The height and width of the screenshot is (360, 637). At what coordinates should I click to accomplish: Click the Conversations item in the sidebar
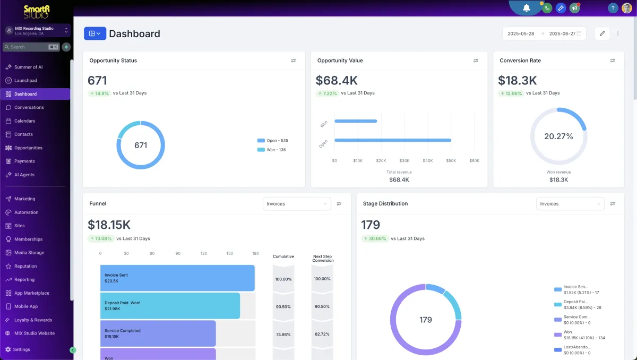point(29,107)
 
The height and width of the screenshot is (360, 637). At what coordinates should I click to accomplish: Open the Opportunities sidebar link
point(28,148)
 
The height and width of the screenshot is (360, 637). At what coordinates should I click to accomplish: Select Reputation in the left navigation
point(25,266)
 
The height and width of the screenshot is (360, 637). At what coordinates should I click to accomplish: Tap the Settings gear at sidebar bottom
point(8,349)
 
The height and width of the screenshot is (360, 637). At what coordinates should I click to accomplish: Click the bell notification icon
point(527,8)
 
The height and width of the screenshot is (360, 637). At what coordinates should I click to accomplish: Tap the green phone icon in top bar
point(546,8)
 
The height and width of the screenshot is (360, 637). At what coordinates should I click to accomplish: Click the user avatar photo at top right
point(627,8)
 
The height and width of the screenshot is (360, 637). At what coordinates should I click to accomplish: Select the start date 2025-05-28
point(521,33)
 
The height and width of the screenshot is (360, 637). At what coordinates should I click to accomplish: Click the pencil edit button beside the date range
point(602,33)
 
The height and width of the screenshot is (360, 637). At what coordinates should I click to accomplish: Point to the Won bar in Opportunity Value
point(356,121)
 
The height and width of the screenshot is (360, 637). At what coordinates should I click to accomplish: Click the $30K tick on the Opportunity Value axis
point(404,160)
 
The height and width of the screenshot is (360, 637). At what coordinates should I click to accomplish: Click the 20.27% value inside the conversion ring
point(558,136)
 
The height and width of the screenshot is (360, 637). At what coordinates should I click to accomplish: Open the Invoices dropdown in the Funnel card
point(297,203)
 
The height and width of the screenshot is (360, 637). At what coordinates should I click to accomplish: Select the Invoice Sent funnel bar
point(177,278)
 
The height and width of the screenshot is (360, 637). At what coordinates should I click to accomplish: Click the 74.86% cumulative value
point(283,335)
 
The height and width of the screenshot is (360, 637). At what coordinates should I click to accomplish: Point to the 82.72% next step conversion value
point(322,335)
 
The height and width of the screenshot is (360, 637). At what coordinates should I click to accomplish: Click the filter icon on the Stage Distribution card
point(613,203)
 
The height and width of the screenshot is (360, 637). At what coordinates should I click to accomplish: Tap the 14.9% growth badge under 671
point(99,93)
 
